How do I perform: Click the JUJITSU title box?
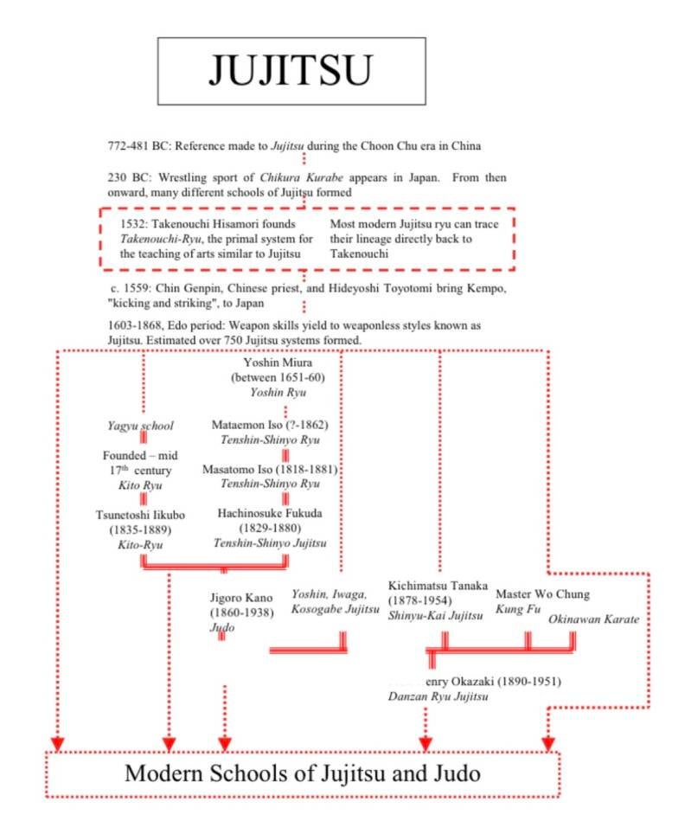291,71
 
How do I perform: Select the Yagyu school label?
140,426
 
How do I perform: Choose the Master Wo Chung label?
542,594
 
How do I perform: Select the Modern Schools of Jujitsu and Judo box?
302,773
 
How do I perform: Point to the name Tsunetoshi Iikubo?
140,516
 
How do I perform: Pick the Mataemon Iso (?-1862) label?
270,425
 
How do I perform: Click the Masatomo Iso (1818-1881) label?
270,469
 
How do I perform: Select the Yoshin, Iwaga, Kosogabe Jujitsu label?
335,601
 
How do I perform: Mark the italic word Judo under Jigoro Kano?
222,627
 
